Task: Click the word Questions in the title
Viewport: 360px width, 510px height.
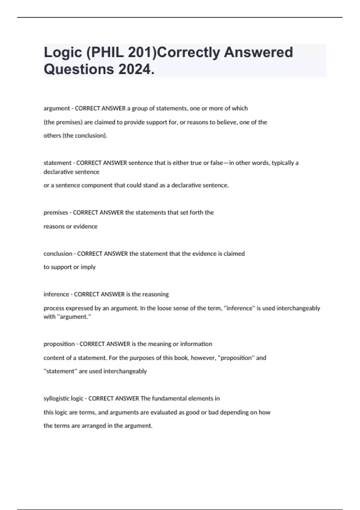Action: pyautogui.click(x=79, y=69)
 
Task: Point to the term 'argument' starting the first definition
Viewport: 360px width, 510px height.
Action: pyautogui.click(x=56, y=108)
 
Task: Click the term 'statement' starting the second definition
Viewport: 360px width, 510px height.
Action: pyautogui.click(x=57, y=163)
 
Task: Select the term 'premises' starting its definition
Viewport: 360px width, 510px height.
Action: pyautogui.click(x=55, y=212)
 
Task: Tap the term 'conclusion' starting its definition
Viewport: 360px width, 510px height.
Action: pyautogui.click(x=58, y=254)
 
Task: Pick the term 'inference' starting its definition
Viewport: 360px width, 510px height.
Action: pyautogui.click(x=56, y=294)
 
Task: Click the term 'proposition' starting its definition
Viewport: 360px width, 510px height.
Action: pyautogui.click(x=59, y=344)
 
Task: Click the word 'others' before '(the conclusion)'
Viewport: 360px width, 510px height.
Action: pyautogui.click(x=52, y=136)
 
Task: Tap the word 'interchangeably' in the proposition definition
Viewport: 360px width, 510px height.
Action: pyautogui.click(x=125, y=371)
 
